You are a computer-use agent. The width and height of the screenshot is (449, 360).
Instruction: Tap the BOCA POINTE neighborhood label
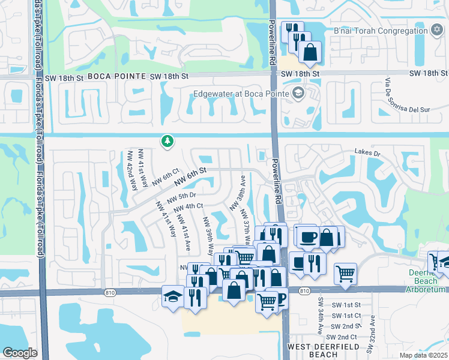pos(117,76)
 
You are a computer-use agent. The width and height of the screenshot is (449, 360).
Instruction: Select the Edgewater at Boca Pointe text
pos(240,94)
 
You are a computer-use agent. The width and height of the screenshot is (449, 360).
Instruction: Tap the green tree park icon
pos(167,141)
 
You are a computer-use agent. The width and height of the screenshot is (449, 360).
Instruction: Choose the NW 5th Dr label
pos(181,197)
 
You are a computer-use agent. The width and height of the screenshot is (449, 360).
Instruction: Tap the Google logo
pos(20,353)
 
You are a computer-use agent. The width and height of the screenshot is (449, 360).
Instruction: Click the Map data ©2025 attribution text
pos(423,355)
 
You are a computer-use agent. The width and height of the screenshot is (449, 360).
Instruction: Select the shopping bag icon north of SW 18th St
pos(310,53)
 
